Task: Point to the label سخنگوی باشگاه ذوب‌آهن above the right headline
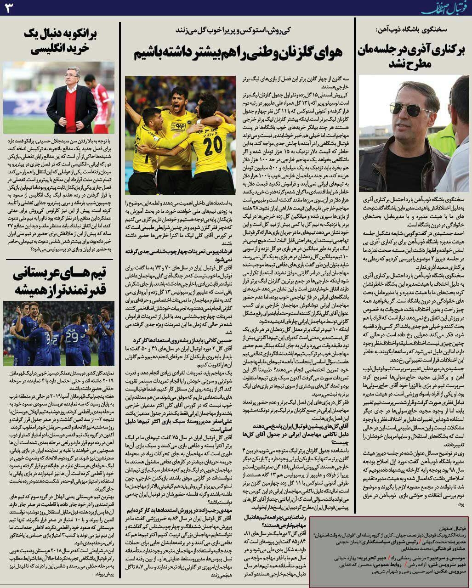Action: pyautogui.click(x=414, y=29)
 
